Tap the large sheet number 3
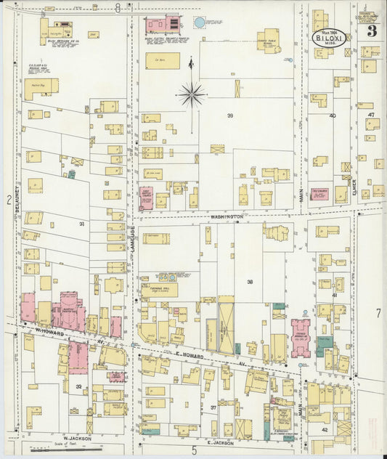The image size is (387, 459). click(371, 31)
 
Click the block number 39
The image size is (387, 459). click(229, 116)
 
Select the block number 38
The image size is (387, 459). click(250, 282)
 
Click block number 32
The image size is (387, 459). click(78, 387)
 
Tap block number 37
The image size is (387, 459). click(213, 407)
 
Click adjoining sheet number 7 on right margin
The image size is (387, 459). click(378, 313)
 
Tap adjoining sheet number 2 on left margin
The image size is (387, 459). click(8, 199)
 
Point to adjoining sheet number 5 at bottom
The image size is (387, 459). click(194, 451)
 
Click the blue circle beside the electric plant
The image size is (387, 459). click(200, 23)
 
